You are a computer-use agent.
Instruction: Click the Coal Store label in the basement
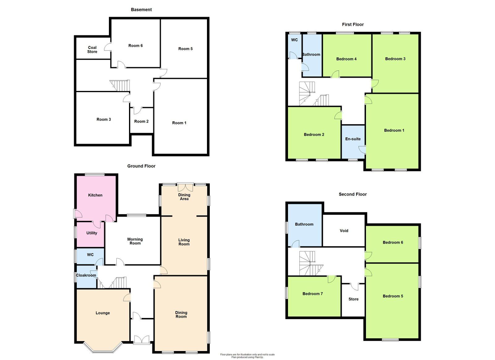[92, 49]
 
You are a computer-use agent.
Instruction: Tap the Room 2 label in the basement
[141, 121]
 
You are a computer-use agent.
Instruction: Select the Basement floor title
[141, 10]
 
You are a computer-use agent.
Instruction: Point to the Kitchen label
[95, 195]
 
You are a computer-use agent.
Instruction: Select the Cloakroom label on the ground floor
[86, 275]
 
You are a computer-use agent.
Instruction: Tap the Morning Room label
[135, 241]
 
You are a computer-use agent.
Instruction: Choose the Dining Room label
[181, 315]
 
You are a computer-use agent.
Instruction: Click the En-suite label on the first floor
[353, 139]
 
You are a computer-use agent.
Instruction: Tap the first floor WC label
[294, 40]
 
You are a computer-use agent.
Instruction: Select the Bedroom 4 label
[346, 59]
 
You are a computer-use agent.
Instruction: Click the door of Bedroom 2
[338, 116]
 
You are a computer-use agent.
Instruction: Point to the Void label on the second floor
[344, 231]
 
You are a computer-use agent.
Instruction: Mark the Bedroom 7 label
[312, 294]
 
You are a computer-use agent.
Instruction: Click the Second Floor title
[352, 194]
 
